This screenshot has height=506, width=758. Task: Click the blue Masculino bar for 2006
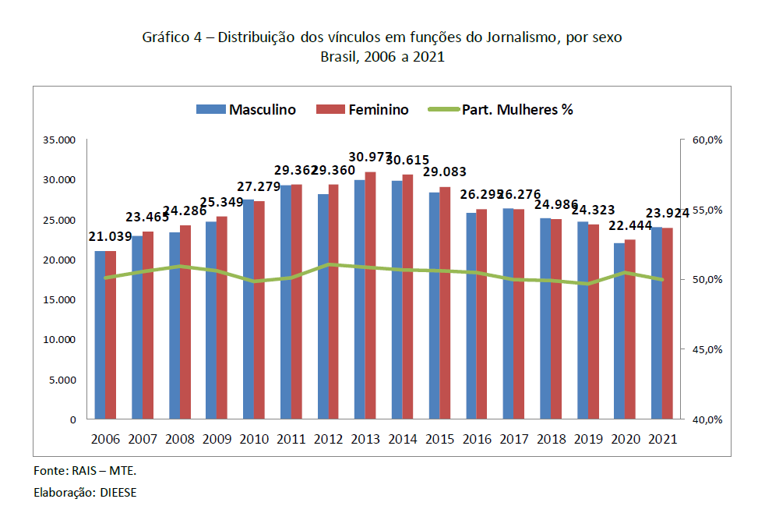(x=100, y=335)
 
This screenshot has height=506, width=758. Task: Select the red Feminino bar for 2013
(x=371, y=296)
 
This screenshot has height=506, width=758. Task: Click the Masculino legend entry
(x=246, y=110)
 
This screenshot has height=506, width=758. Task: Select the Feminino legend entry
(x=362, y=110)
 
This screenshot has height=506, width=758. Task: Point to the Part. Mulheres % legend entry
(x=501, y=110)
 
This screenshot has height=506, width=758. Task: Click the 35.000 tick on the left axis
(x=59, y=140)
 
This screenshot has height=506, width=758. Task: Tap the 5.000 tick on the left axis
(x=62, y=380)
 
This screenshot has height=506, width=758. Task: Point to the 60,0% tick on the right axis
(x=707, y=140)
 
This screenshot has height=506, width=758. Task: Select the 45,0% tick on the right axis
(x=707, y=349)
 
